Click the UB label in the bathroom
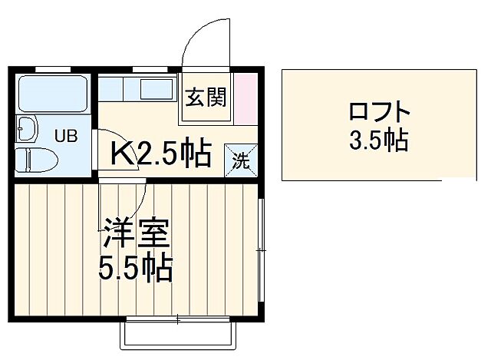(64, 137)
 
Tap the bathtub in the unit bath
(53, 94)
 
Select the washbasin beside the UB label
(27, 129)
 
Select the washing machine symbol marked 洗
(242, 161)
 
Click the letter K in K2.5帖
(122, 154)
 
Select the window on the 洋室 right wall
(261, 248)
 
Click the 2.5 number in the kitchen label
(161, 154)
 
